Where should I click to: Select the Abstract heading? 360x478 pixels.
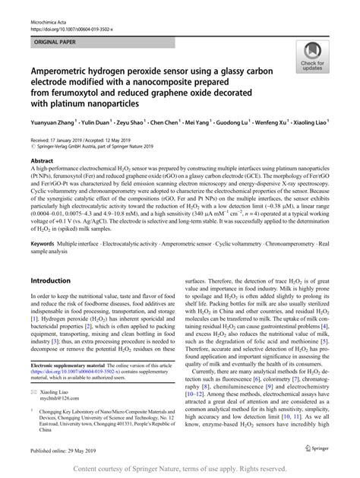point(41,162)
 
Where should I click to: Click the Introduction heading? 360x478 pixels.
point(49,280)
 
